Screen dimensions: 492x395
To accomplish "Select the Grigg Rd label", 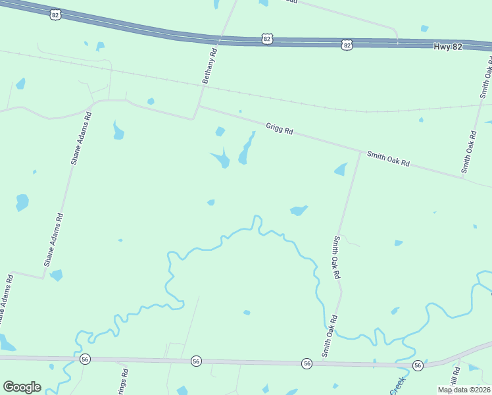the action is tap(279, 128).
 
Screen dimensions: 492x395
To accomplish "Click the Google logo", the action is tap(22, 387).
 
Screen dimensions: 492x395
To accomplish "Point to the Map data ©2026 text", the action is tap(464, 389).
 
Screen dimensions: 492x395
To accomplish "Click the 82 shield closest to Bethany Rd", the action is tap(266, 39).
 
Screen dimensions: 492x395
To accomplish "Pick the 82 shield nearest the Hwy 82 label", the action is tap(347, 44).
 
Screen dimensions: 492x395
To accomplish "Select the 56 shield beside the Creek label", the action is tap(417, 365).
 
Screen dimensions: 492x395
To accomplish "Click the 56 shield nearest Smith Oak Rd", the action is tap(307, 363).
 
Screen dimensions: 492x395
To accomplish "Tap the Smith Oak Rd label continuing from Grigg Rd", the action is tap(388, 159).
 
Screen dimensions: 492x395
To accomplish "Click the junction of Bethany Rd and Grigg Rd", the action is tap(199, 106).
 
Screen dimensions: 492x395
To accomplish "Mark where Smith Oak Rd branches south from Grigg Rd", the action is tap(360, 151).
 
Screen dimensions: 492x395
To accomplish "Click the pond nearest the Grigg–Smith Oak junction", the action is tap(341, 169).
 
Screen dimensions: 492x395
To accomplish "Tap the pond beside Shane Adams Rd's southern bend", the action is tap(56, 275).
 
